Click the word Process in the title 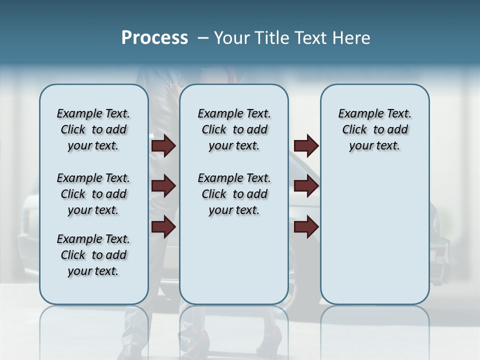pos(154,38)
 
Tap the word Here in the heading pos(351,38)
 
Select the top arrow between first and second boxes pos(163,146)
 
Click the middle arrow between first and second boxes pos(163,186)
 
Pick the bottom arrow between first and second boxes pos(163,227)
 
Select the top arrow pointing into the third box pos(306,146)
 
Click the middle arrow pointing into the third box pos(306,186)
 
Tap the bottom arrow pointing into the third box pos(306,227)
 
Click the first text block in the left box pos(93,129)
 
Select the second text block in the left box pos(93,194)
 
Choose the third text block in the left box pos(93,255)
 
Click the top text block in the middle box pos(234,129)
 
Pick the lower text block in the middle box pos(234,194)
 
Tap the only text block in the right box pos(374,129)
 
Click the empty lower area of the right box pos(374,235)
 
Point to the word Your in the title pos(232,38)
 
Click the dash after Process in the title pos(203,38)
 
